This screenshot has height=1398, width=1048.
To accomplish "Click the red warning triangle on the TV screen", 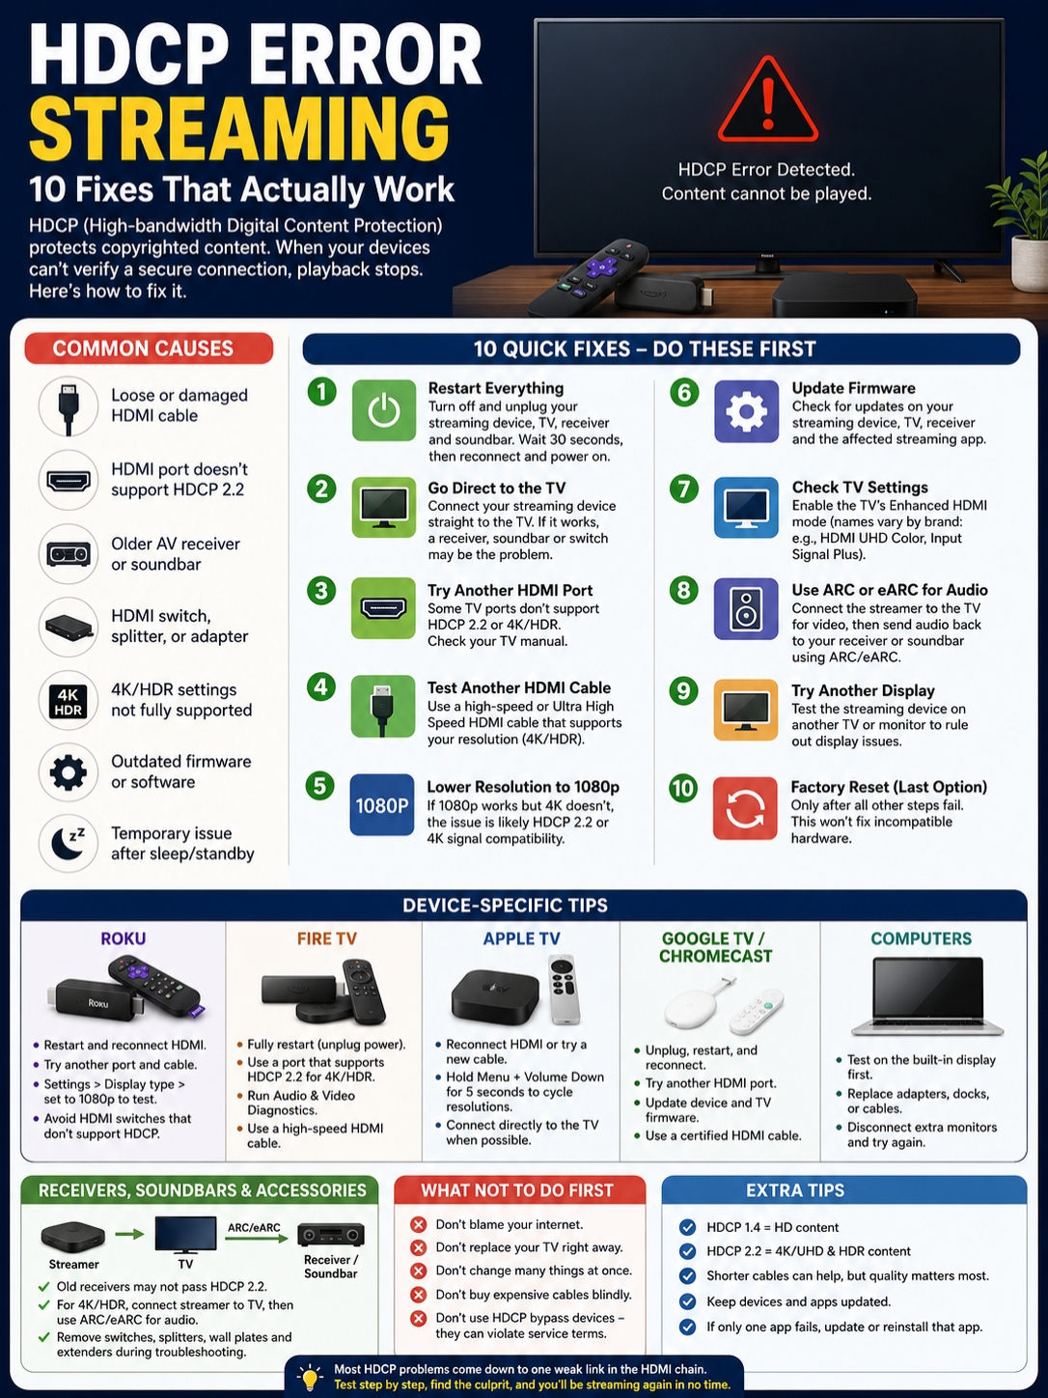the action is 768,99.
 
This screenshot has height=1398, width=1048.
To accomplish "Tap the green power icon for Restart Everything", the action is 384,410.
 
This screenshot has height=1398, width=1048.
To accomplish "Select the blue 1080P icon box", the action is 382,805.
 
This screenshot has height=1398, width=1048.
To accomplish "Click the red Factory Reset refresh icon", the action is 745,808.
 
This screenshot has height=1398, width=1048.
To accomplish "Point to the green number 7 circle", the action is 684,489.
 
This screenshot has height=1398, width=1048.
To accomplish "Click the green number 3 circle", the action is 321,591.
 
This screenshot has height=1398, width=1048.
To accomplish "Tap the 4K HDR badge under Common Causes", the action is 69,701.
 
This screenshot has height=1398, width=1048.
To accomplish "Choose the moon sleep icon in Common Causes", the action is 69,843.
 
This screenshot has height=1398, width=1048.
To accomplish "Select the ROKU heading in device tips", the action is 123,938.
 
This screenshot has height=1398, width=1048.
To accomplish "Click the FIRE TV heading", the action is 326,938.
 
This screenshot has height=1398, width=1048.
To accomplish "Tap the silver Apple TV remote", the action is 564,989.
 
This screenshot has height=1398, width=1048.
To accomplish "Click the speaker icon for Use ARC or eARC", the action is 746,609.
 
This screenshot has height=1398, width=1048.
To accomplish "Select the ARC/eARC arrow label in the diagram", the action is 254,1227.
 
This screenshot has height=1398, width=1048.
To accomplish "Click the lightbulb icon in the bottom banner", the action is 311,1377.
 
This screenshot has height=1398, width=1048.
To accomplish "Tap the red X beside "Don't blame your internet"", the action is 418,1224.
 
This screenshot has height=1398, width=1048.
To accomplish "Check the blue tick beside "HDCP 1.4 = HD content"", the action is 687,1227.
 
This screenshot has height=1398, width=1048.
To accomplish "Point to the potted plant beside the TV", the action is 1021,223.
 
